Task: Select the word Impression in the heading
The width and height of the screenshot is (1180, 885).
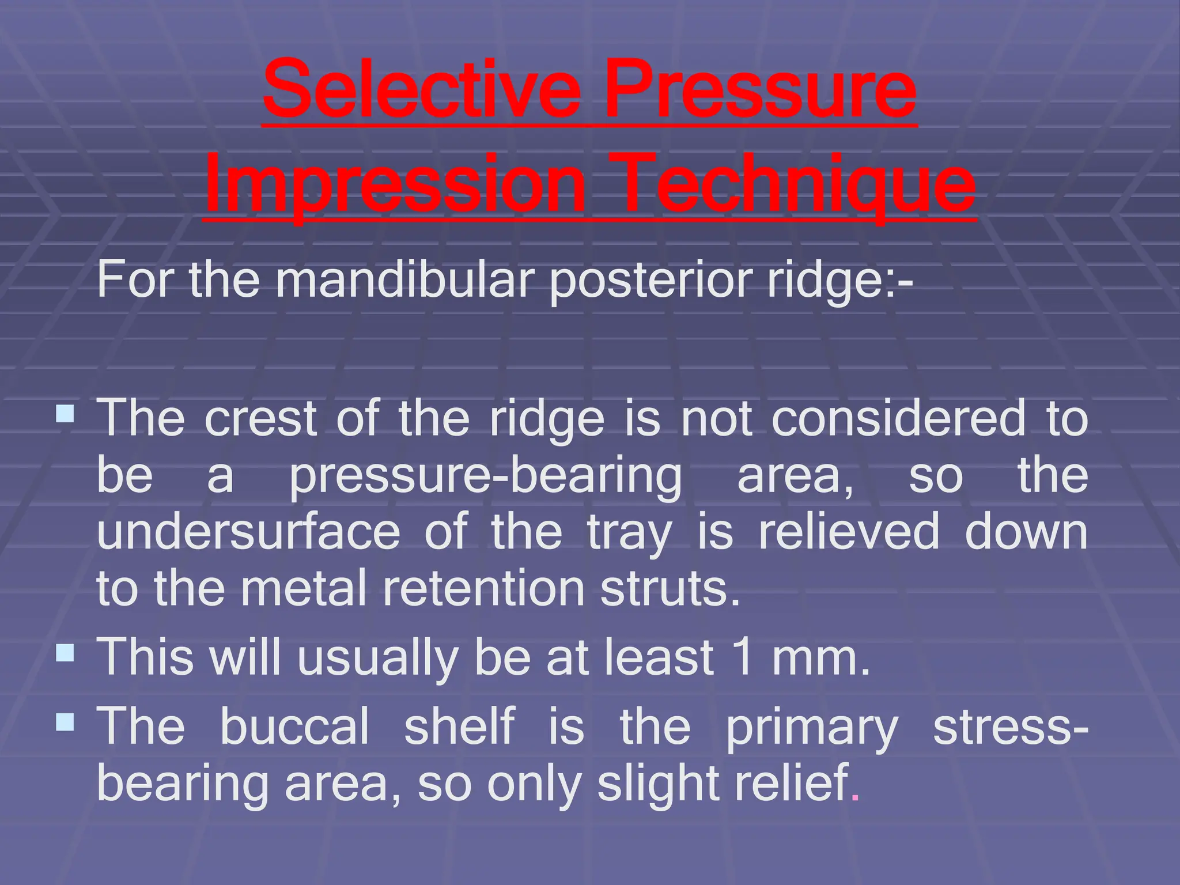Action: pyautogui.click(x=395, y=184)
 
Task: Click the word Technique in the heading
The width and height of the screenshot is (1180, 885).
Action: pyautogui.click(x=797, y=184)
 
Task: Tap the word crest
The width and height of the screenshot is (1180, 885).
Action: pyautogui.click(x=260, y=418)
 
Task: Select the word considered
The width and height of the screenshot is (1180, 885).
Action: pyautogui.click(x=899, y=418)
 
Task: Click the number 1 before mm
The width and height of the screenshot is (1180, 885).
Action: pyautogui.click(x=744, y=657)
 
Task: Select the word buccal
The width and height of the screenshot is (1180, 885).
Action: pyautogui.click(x=294, y=726)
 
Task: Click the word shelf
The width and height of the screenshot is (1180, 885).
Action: pyautogui.click(x=459, y=726)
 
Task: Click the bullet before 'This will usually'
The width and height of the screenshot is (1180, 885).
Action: pyautogui.click(x=66, y=653)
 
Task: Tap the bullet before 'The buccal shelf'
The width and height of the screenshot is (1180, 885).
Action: pyautogui.click(x=66, y=721)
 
